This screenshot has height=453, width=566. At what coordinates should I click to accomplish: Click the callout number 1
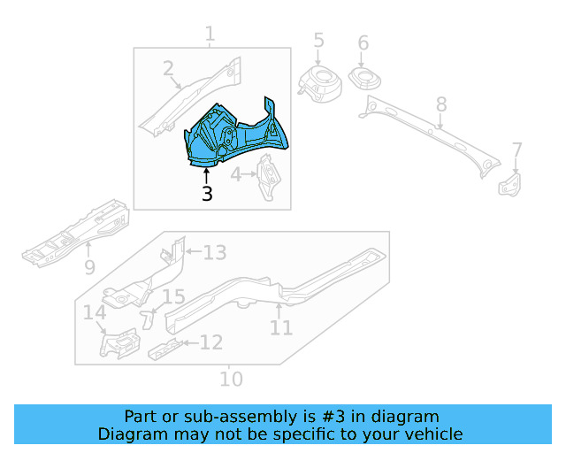pyautogui.click(x=210, y=35)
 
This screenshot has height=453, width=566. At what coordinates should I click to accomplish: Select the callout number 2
pyautogui.click(x=168, y=69)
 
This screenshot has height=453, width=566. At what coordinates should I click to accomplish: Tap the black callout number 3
pyautogui.click(x=207, y=193)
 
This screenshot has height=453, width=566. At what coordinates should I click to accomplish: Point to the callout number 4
pyautogui.click(x=236, y=175)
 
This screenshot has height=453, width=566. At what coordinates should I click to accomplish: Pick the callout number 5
pyautogui.click(x=318, y=41)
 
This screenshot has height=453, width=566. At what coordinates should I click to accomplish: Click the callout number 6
pyautogui.click(x=363, y=43)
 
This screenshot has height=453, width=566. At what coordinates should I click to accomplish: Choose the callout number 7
pyautogui.click(x=516, y=150)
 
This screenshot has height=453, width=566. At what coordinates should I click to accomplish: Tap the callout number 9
pyautogui.click(x=89, y=266)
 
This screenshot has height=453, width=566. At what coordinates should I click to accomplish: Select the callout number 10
pyautogui.click(x=231, y=379)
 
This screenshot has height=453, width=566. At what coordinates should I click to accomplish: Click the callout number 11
pyautogui.click(x=281, y=327)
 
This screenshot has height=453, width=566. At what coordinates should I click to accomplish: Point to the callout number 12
pyautogui.click(x=210, y=342)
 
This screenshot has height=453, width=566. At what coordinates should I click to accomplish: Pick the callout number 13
pyautogui.click(x=214, y=253)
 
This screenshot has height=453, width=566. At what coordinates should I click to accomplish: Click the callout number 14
pyautogui.click(x=95, y=313)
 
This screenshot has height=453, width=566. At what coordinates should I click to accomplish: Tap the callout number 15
pyautogui.click(x=173, y=297)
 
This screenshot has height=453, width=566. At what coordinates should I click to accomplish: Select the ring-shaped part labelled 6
pyautogui.click(x=364, y=79)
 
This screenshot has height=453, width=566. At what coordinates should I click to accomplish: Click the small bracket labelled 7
pyautogui.click(x=510, y=184)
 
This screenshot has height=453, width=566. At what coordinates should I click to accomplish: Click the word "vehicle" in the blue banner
pyautogui.click(x=431, y=434)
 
